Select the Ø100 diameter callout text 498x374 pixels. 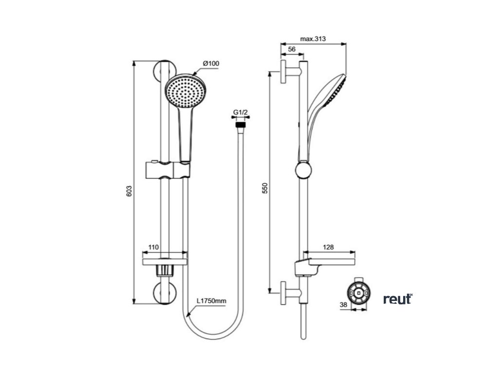tap(211, 64)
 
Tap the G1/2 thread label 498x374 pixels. tap(240, 113)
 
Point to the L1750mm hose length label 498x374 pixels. tap(212, 301)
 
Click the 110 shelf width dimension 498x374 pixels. tap(153, 247)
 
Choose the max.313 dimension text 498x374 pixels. tap(313, 38)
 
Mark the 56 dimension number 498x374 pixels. tap(292, 49)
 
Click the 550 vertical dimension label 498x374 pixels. tap(265, 189)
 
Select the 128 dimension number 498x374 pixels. tap(328, 247)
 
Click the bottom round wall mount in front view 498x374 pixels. tap(164, 292)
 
